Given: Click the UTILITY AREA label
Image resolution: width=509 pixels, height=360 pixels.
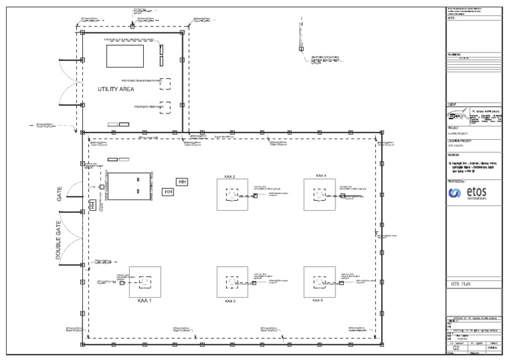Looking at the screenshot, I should point(116,89).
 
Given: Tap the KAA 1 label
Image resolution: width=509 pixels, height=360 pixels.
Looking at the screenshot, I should point(144,300).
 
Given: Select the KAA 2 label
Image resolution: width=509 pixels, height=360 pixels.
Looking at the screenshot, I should point(230,176).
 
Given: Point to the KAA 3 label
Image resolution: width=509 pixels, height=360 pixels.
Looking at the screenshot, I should point(230,301).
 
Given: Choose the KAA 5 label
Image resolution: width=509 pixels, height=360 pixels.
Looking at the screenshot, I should point(318,300).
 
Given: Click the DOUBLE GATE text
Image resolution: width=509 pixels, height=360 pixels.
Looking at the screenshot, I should point(58,240).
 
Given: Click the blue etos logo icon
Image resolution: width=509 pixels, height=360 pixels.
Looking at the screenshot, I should point(455,193).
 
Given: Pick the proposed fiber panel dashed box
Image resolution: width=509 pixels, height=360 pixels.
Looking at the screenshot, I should point(165,107).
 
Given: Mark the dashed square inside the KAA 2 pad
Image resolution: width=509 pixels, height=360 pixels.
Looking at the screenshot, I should point(231,195).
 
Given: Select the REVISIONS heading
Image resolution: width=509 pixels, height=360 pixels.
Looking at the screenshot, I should point(454,55).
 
